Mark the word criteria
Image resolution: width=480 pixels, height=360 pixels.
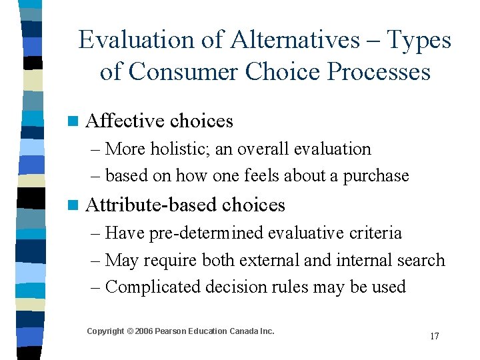point(379,233)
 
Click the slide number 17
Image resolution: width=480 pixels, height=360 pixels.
point(434,336)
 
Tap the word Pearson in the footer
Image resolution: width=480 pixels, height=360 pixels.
point(173,331)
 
